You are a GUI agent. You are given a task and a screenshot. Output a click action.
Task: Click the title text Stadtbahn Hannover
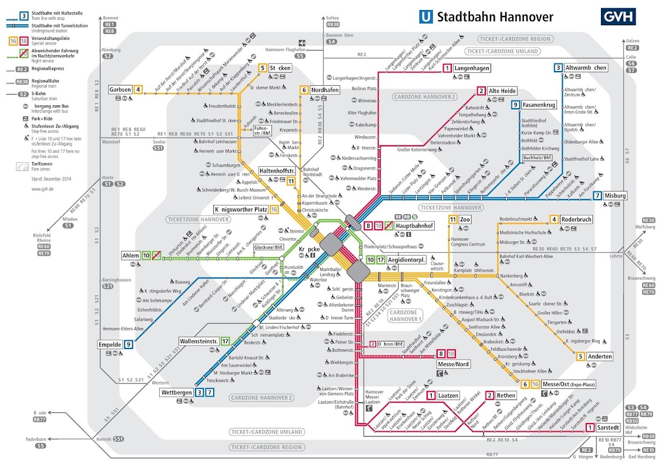click(x=495, y=16)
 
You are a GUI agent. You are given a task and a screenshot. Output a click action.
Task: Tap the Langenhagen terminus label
click(x=472, y=69)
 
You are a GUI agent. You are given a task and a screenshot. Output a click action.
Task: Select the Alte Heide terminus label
click(x=502, y=90)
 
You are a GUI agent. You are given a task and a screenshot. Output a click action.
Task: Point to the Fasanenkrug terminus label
click(x=539, y=105)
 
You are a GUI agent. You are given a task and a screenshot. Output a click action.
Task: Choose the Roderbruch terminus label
click(x=576, y=220)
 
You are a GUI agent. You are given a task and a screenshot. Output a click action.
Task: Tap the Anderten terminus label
click(x=600, y=357)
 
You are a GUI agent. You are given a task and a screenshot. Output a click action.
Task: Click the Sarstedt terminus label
click(x=607, y=428)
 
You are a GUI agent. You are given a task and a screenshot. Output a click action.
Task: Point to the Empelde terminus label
click(x=109, y=345)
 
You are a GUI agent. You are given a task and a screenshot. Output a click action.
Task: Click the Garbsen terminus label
click(x=120, y=90)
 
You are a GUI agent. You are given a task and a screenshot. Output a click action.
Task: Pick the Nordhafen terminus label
click(x=325, y=90)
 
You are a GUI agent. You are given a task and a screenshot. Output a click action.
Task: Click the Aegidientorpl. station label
click(x=407, y=260)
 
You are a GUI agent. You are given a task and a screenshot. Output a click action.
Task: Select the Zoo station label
click(x=465, y=220)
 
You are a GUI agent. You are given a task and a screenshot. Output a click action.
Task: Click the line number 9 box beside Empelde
click(x=128, y=345)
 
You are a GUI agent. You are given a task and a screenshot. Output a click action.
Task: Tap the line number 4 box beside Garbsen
click(x=138, y=90)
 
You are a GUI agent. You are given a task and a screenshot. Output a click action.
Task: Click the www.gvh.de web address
click(x=43, y=189)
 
